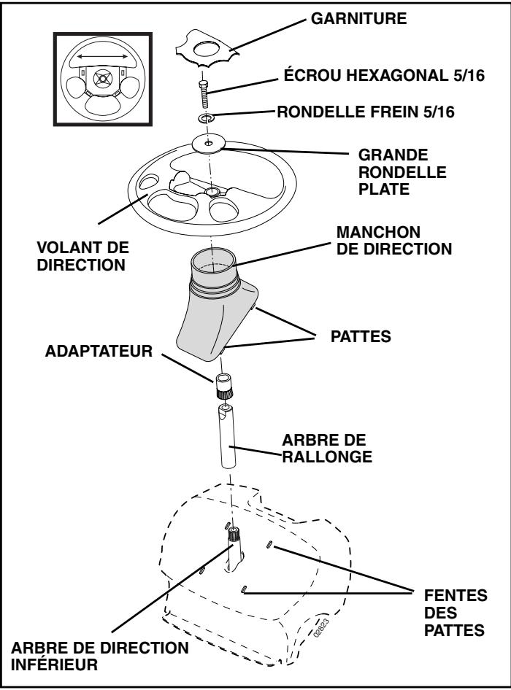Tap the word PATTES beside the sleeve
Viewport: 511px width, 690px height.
[x=344, y=338]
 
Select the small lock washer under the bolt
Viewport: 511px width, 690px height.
[x=207, y=117]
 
